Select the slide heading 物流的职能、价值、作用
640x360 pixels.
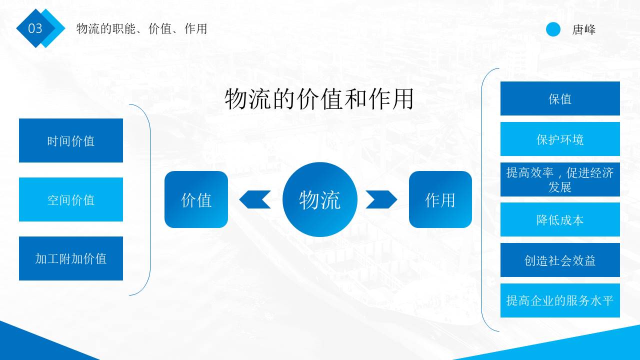tap(141, 28)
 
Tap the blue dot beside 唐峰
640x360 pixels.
tap(553, 29)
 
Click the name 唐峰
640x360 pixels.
tap(584, 29)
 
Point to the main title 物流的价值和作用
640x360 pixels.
tap(319, 98)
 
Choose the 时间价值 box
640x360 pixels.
tap(71, 140)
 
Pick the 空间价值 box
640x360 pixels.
tap(71, 199)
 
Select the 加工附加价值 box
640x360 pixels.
tap(71, 258)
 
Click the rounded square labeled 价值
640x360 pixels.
tap(196, 199)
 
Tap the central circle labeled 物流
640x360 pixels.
tap(320, 199)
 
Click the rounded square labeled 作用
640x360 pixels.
tap(440, 199)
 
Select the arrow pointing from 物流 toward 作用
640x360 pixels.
tap(381, 199)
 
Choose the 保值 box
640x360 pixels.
tap(560, 98)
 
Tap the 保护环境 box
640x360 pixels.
tap(560, 139)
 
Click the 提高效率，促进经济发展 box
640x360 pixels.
tap(560, 179)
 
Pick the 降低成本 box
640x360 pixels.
tap(560, 219)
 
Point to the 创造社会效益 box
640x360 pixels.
tap(560, 260)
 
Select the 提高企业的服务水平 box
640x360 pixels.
tap(560, 300)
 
